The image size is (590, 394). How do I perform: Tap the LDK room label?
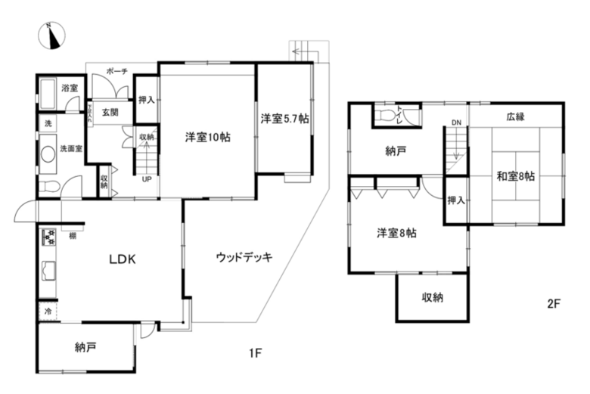click(121, 259)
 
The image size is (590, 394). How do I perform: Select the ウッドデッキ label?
click(244, 257)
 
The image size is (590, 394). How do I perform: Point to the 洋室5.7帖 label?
click(285, 119)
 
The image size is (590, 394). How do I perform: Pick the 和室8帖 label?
click(516, 176)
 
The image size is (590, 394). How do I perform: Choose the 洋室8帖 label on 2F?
click(396, 233)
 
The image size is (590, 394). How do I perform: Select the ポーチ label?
click(116, 72)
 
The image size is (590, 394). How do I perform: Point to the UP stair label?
click(146, 179)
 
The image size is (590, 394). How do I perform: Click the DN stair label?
click(456, 123)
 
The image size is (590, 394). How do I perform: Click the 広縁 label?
click(516, 116)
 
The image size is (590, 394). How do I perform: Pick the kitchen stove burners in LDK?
click(50, 237)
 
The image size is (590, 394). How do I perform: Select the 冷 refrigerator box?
click(47, 311)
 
